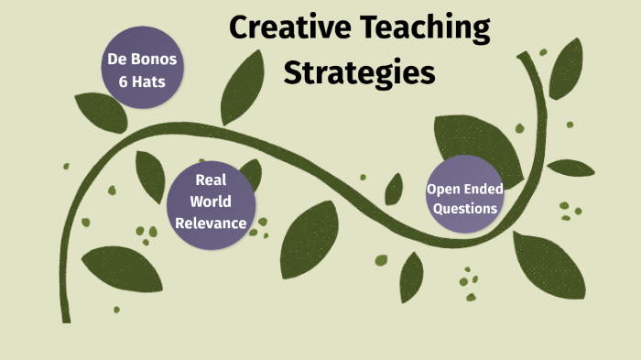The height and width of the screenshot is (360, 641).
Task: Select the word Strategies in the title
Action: [359, 72]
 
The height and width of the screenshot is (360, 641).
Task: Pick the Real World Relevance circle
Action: [212, 201]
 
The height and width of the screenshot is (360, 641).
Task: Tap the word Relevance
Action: [212, 222]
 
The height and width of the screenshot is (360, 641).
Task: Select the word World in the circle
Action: [212, 201]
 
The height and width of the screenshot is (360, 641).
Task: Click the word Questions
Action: [465, 208]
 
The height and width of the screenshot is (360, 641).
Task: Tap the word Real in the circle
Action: [212, 180]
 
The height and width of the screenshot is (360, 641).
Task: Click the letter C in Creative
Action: [240, 27]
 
